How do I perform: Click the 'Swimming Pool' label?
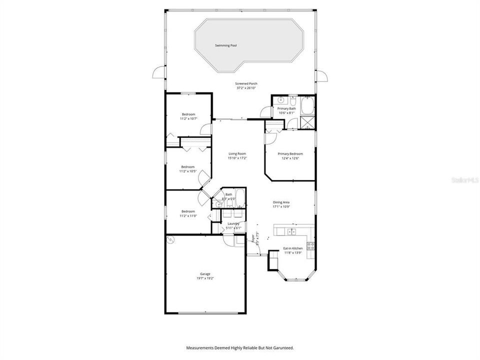(225, 45)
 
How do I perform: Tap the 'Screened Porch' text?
(246, 83)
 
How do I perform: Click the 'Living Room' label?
(237, 153)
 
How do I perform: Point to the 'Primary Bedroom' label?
(290, 154)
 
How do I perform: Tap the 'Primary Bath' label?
(287, 108)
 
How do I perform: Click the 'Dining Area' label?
(281, 202)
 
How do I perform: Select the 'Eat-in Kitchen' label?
(293, 248)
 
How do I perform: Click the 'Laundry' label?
(233, 223)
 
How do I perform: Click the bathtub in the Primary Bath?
(307, 106)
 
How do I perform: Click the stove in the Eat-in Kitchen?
(310, 245)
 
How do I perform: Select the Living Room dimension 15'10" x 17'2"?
(237, 158)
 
